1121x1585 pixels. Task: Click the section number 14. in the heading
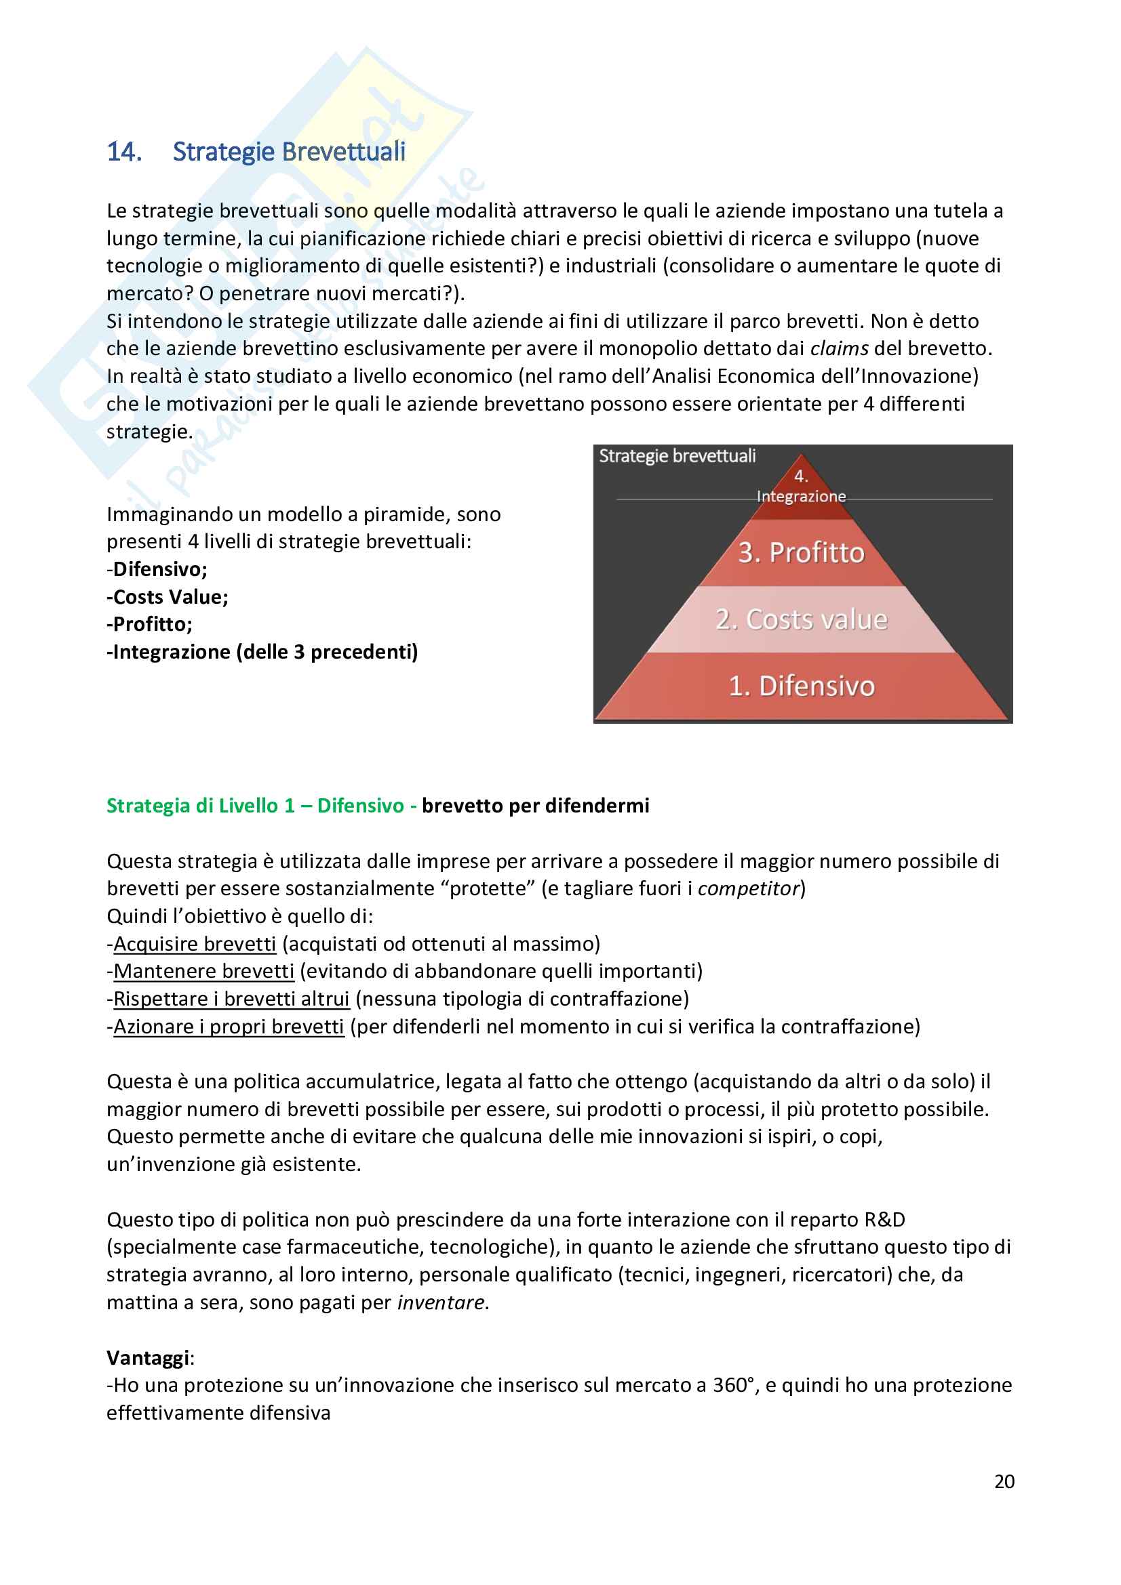(124, 152)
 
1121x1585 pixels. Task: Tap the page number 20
(1004, 1481)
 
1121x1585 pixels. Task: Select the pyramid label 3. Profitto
(801, 553)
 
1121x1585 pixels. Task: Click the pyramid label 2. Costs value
(801, 619)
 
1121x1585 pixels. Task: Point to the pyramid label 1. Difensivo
(801, 686)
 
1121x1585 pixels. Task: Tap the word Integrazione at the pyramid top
(801, 496)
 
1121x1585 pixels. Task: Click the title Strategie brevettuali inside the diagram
(677, 455)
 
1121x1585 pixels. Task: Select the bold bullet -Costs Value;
(167, 597)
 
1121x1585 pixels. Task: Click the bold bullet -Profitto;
(149, 625)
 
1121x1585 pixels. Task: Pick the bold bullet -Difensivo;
(157, 569)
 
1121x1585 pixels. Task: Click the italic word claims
(838, 348)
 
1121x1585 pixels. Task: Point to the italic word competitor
(748, 888)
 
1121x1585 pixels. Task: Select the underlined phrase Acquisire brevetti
(194, 944)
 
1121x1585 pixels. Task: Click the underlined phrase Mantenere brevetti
(203, 971)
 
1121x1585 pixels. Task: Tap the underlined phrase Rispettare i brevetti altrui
(231, 999)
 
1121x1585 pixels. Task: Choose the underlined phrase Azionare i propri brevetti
(229, 1027)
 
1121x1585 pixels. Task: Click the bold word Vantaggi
(148, 1358)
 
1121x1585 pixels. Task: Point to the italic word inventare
(441, 1302)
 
